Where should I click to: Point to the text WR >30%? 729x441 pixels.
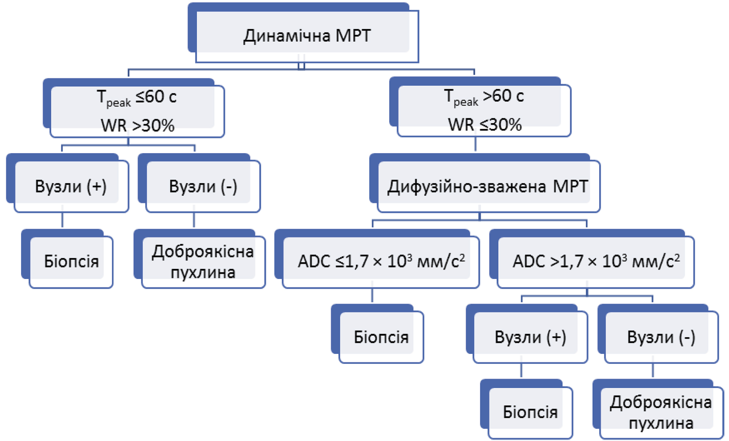click(x=137, y=125)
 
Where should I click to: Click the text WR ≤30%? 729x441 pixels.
click(x=485, y=125)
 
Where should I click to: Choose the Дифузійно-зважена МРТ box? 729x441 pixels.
click(x=488, y=186)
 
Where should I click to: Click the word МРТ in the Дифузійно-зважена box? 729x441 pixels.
click(x=570, y=186)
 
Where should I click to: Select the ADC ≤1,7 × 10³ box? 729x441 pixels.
click(x=381, y=261)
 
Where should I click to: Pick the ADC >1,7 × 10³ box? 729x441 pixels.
click(x=595, y=261)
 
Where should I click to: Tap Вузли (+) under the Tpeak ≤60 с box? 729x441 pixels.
click(x=71, y=186)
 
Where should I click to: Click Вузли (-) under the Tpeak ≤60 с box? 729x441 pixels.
click(x=203, y=186)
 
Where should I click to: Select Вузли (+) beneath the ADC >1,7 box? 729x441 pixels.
click(x=530, y=337)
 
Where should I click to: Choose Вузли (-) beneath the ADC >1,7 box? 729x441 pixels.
click(x=661, y=337)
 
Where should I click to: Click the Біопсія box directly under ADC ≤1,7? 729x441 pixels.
click(x=381, y=337)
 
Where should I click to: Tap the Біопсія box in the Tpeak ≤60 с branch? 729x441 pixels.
click(x=71, y=261)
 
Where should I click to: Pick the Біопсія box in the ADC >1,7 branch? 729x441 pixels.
click(x=530, y=412)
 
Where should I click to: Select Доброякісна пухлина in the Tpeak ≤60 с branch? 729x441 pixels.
click(x=203, y=261)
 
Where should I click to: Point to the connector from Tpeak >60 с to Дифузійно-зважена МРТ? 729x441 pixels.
click(x=475, y=144)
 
